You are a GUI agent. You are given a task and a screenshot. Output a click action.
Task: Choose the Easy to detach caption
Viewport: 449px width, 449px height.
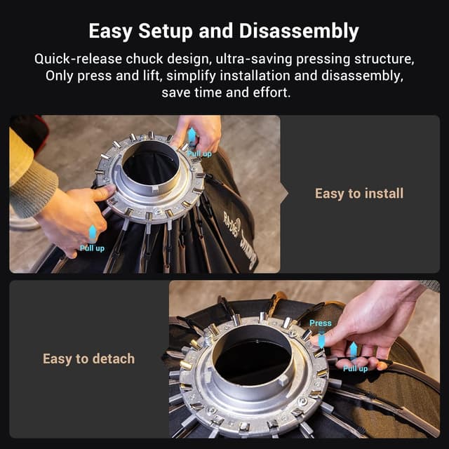click(x=88, y=358)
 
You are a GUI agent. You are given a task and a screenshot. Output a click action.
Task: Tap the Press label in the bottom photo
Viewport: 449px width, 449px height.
click(x=320, y=323)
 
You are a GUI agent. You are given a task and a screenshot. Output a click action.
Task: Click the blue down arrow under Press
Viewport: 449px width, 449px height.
click(x=321, y=340)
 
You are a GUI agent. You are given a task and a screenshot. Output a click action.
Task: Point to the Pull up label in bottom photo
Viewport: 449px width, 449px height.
click(x=355, y=368)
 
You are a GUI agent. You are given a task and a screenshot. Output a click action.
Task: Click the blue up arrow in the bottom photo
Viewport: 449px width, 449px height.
click(x=354, y=351)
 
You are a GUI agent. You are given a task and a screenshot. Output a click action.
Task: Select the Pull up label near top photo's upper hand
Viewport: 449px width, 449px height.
click(x=199, y=154)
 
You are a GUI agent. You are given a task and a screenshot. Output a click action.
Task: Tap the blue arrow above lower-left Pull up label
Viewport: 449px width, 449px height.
click(x=92, y=233)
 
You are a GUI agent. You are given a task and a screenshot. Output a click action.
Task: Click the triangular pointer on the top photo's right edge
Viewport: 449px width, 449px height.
click(x=285, y=194)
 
